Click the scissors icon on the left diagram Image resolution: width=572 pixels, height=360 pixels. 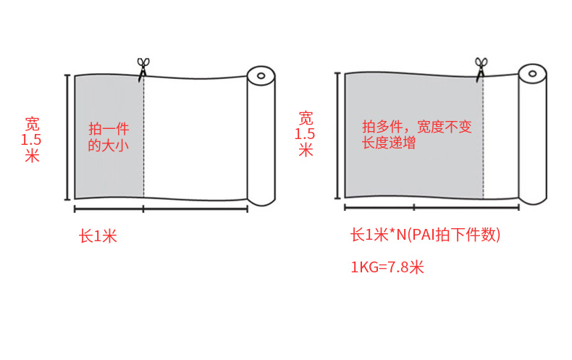[142, 67]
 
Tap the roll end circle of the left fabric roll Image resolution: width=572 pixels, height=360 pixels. [261, 75]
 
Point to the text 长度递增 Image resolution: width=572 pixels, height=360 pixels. [389, 143]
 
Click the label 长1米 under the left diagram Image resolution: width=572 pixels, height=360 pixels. [98, 236]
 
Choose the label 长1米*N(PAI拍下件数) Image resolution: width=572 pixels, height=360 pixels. [425, 235]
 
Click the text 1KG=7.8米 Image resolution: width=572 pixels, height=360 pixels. [387, 267]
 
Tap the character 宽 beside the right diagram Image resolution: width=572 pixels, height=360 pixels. [306, 117]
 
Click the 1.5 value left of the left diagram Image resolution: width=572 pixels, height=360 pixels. [32, 139]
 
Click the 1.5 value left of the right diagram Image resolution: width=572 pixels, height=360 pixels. [306, 134]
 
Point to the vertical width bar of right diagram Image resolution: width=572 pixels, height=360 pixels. [337, 134]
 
